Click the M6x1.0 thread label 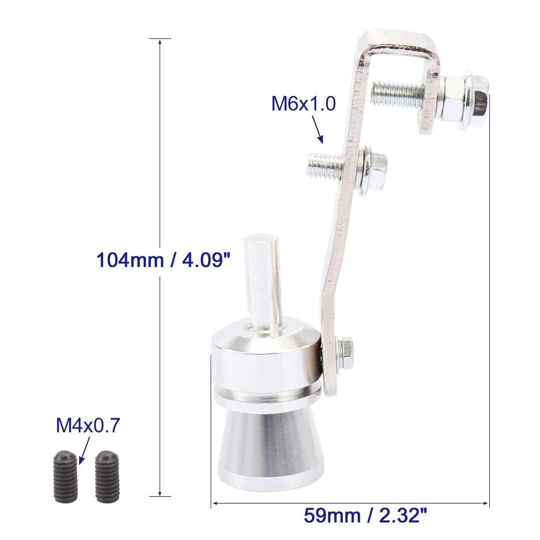coord(303,103)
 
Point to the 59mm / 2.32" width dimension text coord(365,515)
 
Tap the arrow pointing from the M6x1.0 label coord(318,130)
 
